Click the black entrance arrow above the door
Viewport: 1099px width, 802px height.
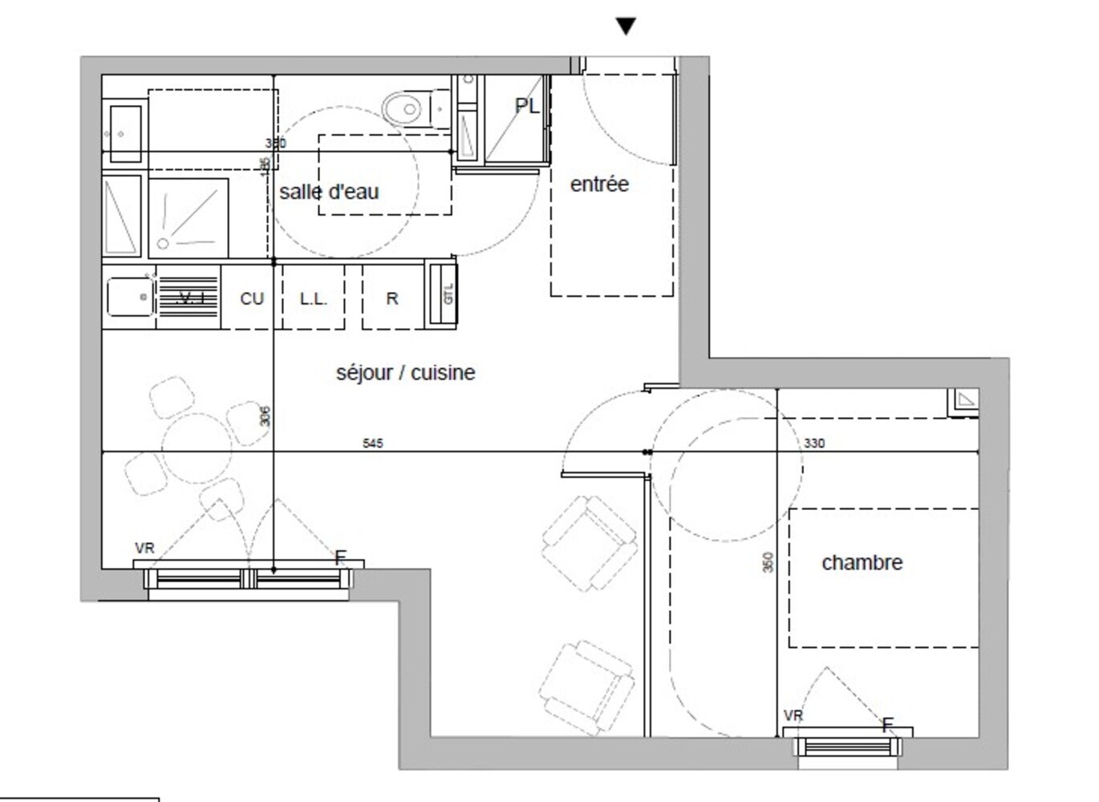coord(626,26)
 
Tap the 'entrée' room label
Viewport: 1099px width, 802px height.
coord(599,184)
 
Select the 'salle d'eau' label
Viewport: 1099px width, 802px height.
coord(329,192)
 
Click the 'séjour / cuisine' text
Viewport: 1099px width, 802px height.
coord(405,373)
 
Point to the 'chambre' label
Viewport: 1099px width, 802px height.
coord(862,563)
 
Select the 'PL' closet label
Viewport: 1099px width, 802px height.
coord(527,106)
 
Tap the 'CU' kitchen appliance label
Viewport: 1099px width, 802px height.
coord(252,298)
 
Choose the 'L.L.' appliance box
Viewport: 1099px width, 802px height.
coord(313,298)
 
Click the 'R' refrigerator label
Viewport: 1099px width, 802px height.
coord(392,298)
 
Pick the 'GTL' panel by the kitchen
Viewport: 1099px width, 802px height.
coord(447,294)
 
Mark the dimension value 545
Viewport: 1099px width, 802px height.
coord(373,443)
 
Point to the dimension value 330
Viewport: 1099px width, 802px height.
coord(813,443)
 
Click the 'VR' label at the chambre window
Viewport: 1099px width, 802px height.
coord(793,715)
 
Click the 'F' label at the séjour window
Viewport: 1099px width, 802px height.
coord(340,557)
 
